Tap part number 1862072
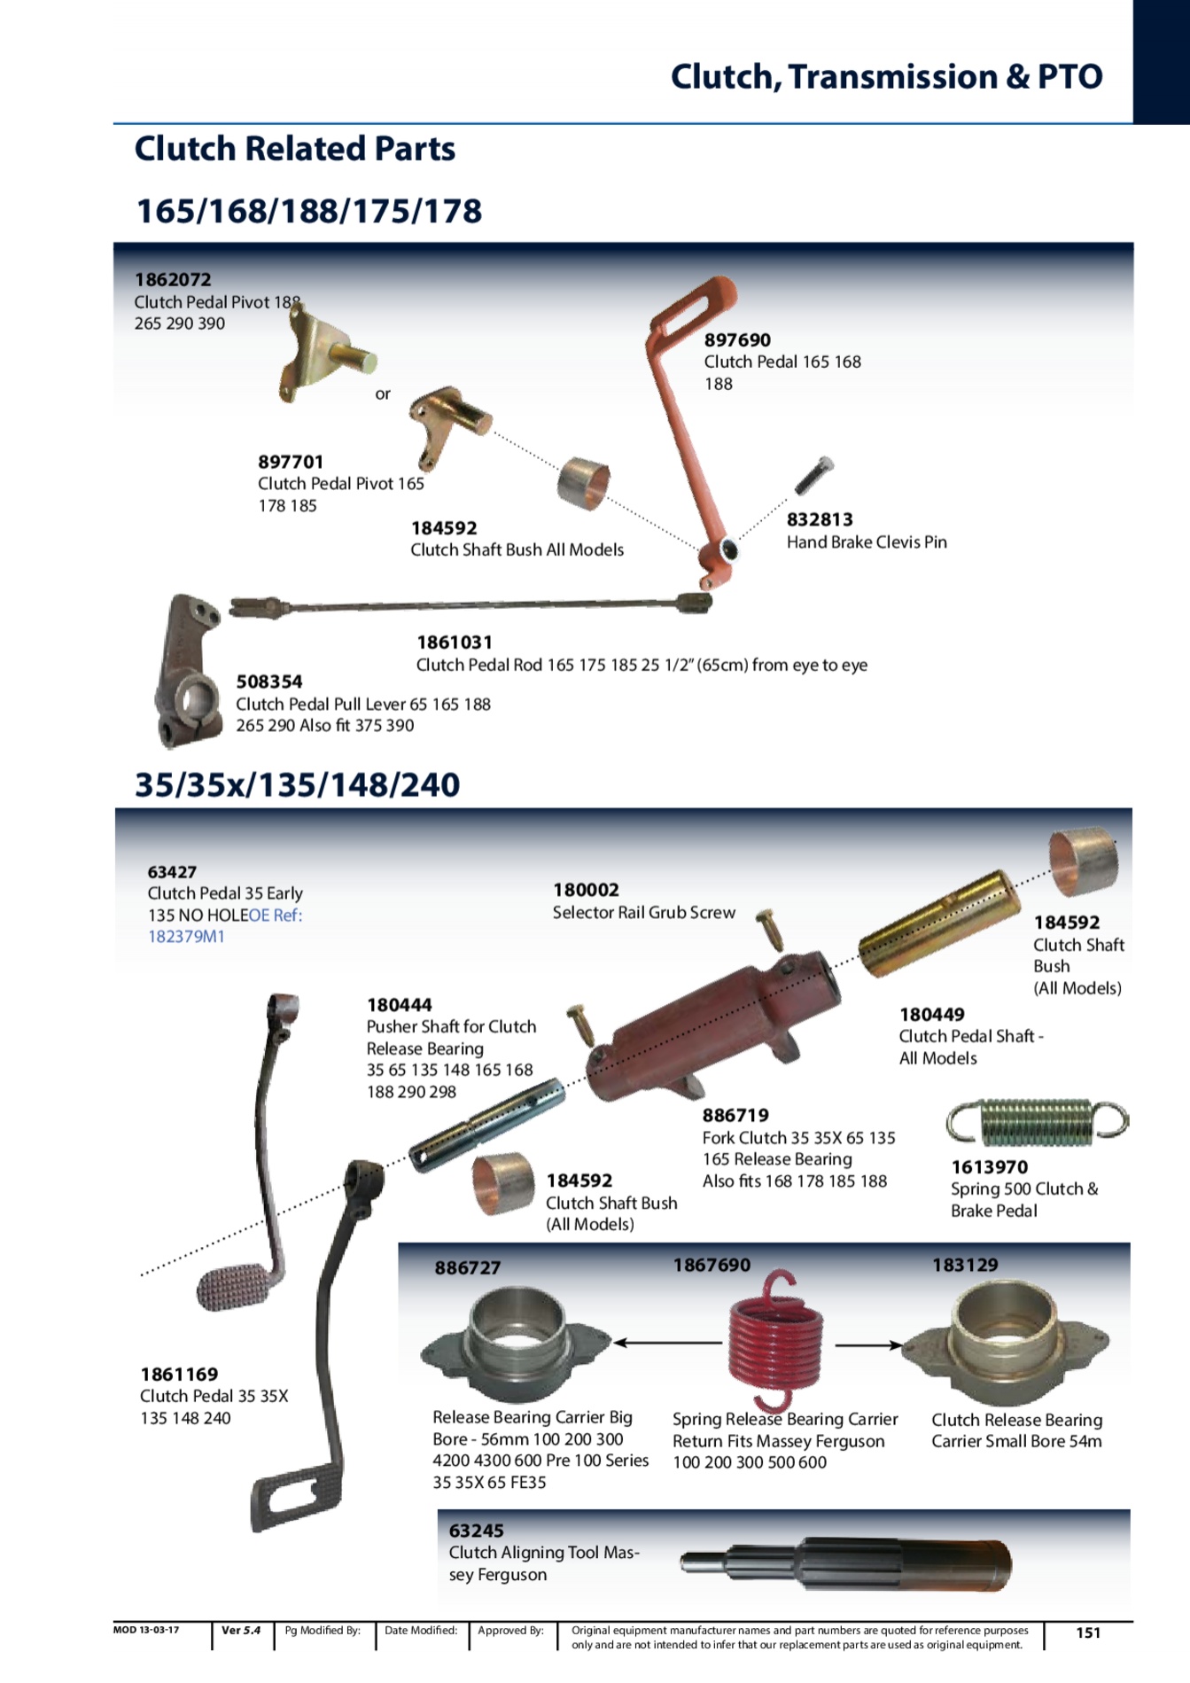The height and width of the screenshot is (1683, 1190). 173,280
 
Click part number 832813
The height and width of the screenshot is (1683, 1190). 820,519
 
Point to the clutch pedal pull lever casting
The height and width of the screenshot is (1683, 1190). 188,670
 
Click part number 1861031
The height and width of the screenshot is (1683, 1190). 455,643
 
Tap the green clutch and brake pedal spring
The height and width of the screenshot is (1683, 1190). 1038,1121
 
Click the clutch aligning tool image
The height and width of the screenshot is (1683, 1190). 846,1564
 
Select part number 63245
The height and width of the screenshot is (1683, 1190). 476,1531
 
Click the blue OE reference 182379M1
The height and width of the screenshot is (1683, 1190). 186,937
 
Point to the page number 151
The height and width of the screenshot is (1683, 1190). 1088,1632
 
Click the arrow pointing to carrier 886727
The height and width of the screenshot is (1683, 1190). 667,1343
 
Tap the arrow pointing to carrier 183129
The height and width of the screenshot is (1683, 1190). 869,1344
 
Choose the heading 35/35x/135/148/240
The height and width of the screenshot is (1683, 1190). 298,784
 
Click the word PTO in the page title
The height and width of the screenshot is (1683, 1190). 1070,77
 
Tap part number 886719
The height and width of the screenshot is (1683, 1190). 735,1116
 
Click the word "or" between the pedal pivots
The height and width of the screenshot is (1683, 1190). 383,394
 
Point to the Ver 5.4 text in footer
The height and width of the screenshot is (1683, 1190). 241,1630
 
